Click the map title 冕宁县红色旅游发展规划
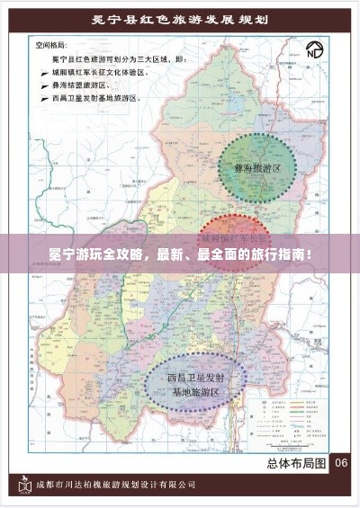tap(179, 19)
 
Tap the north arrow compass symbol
tap(314, 49)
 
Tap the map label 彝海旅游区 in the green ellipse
tap(257, 167)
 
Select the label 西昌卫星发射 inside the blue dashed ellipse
tap(195, 378)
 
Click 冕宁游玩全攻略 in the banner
tap(86, 254)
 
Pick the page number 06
tap(341, 464)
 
